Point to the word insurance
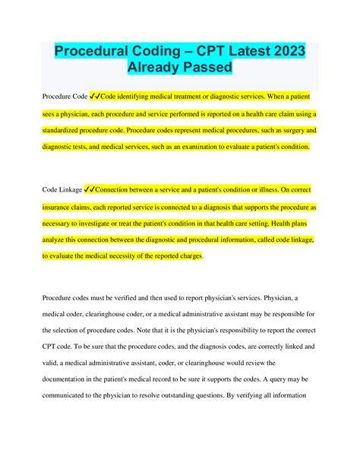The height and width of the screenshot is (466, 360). click(60, 207)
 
